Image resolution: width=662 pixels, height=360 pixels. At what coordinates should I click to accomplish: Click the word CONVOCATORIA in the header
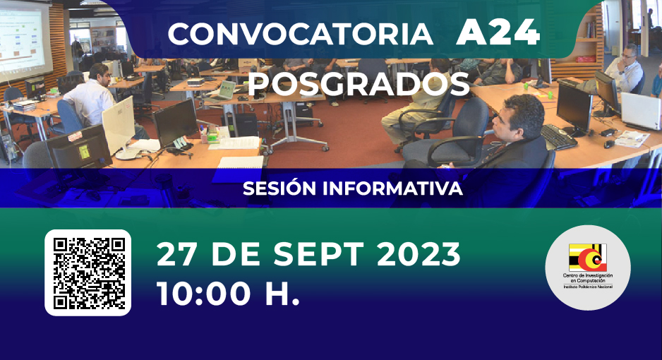(300, 34)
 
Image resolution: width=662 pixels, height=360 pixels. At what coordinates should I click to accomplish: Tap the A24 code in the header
(498, 32)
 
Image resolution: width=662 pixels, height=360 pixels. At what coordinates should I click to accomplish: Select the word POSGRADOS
(359, 84)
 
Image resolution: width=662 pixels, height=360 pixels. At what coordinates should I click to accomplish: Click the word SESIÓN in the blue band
(279, 188)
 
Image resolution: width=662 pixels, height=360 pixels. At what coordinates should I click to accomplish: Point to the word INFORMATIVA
(392, 188)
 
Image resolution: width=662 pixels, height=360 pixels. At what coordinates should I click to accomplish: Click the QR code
(88, 272)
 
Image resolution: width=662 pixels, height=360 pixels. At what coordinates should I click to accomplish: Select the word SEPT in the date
(318, 254)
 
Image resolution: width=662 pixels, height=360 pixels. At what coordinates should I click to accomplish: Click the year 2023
(418, 254)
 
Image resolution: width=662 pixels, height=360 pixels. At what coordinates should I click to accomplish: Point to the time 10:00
(204, 294)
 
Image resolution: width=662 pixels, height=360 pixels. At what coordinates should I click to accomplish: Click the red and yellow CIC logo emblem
(588, 258)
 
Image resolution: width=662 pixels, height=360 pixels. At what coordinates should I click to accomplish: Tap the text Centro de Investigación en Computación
(588, 277)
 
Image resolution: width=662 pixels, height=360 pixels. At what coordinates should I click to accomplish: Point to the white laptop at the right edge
(640, 112)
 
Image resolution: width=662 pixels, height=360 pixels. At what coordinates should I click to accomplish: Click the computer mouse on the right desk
(608, 144)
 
